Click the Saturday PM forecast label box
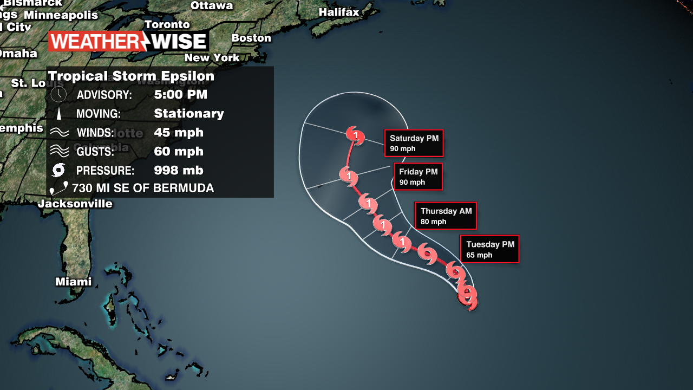pyautogui.click(x=414, y=143)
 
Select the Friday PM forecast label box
pyautogui.click(x=418, y=177)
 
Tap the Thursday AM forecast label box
pyautogui.click(x=446, y=216)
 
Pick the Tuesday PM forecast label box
pyautogui.click(x=489, y=249)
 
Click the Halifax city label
pyautogui.click(x=339, y=12)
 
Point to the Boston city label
pyautogui.click(x=251, y=38)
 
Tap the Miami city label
pyautogui.click(x=74, y=282)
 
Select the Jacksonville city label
pyautogui.click(x=75, y=204)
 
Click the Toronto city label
pyautogui.click(x=167, y=24)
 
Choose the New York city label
pyautogui.click(x=212, y=57)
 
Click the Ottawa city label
pyautogui.click(x=212, y=6)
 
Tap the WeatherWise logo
pyautogui.click(x=128, y=42)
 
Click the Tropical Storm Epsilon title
pyautogui.click(x=132, y=76)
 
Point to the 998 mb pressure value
pyautogui.click(x=178, y=170)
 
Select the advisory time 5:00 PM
pyautogui.click(x=180, y=95)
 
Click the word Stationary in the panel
pyautogui.click(x=188, y=114)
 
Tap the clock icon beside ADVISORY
pyautogui.click(x=58, y=95)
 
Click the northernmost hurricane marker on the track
pyautogui.click(x=355, y=134)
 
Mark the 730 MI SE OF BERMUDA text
pyautogui.click(x=143, y=188)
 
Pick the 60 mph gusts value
pyautogui.click(x=178, y=151)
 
